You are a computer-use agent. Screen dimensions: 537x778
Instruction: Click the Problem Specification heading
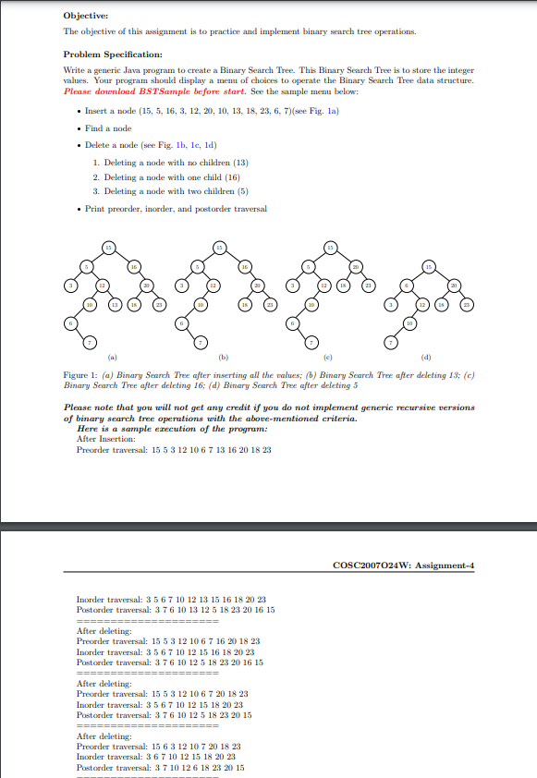point(113,55)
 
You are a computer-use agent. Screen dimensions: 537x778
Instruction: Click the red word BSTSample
point(153,91)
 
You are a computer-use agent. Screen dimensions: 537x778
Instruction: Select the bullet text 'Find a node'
point(108,128)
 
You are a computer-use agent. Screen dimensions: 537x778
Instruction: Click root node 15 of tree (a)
point(107,247)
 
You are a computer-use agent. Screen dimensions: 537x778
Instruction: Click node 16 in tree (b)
point(245,266)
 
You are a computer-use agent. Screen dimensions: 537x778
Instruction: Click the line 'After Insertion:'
point(106,439)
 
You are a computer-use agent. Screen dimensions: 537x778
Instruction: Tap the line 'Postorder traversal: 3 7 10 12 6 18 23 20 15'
point(160,767)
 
